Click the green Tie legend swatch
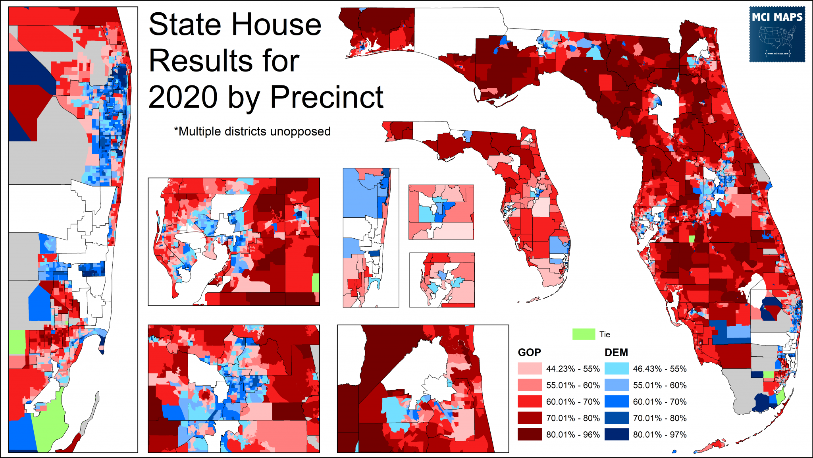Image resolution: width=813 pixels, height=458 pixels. [x=583, y=334]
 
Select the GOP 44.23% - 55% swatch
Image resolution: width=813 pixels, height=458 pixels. [x=530, y=369]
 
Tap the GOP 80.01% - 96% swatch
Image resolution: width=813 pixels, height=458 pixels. [x=530, y=435]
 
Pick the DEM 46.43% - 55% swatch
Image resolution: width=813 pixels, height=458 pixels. [x=616, y=369]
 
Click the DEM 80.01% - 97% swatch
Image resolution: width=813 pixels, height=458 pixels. [x=616, y=435]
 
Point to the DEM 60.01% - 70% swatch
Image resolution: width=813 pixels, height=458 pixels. [x=616, y=402]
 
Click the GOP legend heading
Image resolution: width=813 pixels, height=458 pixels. [x=529, y=352]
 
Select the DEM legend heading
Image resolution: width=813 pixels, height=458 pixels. [x=616, y=352]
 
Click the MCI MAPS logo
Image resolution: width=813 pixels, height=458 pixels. [x=777, y=34]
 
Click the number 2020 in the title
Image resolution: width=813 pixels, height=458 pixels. [x=183, y=97]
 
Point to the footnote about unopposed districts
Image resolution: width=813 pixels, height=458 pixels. [x=252, y=131]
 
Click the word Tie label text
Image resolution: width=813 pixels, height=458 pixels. [x=605, y=334]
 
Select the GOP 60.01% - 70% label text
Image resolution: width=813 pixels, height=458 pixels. [x=573, y=402]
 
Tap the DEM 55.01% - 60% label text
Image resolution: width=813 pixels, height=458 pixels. [x=659, y=385]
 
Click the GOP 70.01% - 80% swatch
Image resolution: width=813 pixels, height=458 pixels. [x=530, y=418]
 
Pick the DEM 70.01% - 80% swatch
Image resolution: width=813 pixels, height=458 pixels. [x=616, y=418]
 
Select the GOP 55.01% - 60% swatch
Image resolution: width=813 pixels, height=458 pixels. [x=530, y=385]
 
